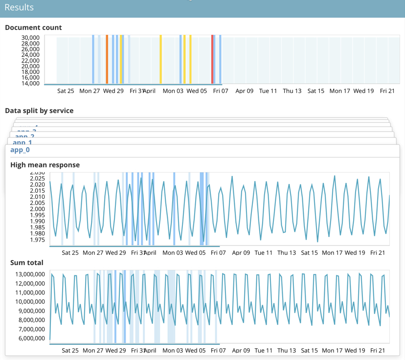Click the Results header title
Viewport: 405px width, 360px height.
coord(19,7)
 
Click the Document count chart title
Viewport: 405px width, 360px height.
coord(33,27)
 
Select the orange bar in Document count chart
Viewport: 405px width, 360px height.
coord(107,59)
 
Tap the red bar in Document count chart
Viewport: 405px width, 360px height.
coord(212,59)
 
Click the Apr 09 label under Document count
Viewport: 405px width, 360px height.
coord(245,91)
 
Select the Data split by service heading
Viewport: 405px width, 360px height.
coord(39,111)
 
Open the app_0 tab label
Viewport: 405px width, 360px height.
coord(20,150)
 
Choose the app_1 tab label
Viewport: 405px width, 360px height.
coord(22,142)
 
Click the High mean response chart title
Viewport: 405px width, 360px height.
coord(45,165)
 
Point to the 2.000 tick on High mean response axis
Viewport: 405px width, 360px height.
coord(36,209)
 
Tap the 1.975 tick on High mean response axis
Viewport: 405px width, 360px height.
coord(36,240)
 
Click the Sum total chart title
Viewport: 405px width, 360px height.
coord(27,263)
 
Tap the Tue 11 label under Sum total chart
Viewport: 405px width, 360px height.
coord(263,351)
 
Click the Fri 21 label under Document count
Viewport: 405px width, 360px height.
coord(387,91)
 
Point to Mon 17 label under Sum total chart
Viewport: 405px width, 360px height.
coord(332,351)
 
